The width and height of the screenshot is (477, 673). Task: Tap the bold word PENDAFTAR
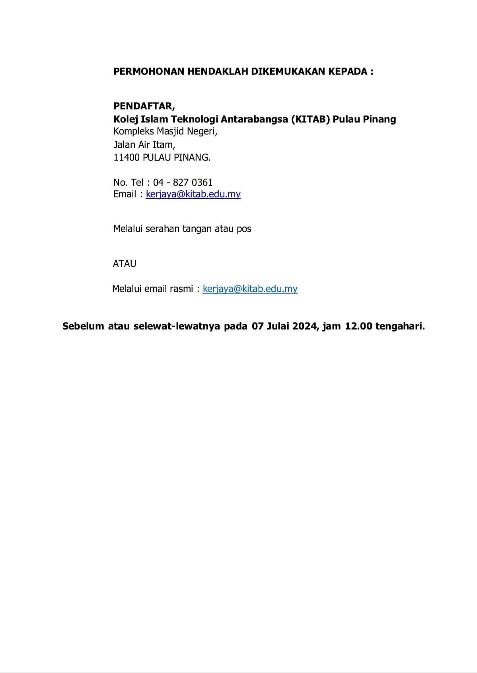click(x=144, y=106)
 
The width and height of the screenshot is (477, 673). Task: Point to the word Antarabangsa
click(x=254, y=119)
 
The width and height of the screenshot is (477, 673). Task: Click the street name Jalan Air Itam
click(x=144, y=144)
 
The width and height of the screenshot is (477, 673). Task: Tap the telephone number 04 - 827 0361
click(x=183, y=182)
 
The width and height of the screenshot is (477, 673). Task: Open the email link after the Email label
click(x=193, y=194)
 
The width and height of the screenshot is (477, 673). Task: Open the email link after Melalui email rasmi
click(x=250, y=289)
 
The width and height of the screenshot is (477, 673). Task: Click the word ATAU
click(x=125, y=264)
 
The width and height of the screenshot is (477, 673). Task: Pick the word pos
click(x=244, y=229)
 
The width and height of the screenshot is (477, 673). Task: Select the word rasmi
click(x=181, y=289)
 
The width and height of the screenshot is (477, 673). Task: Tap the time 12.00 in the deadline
click(x=358, y=326)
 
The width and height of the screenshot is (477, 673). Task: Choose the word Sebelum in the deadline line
click(x=83, y=326)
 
